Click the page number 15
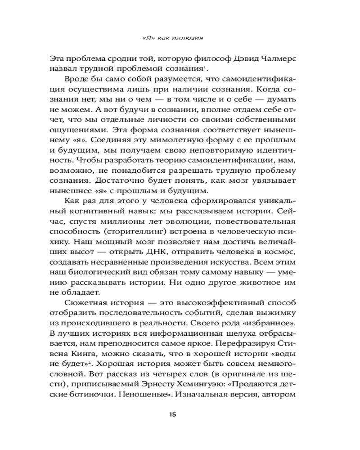point(173,414)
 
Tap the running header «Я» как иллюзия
point(173,38)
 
